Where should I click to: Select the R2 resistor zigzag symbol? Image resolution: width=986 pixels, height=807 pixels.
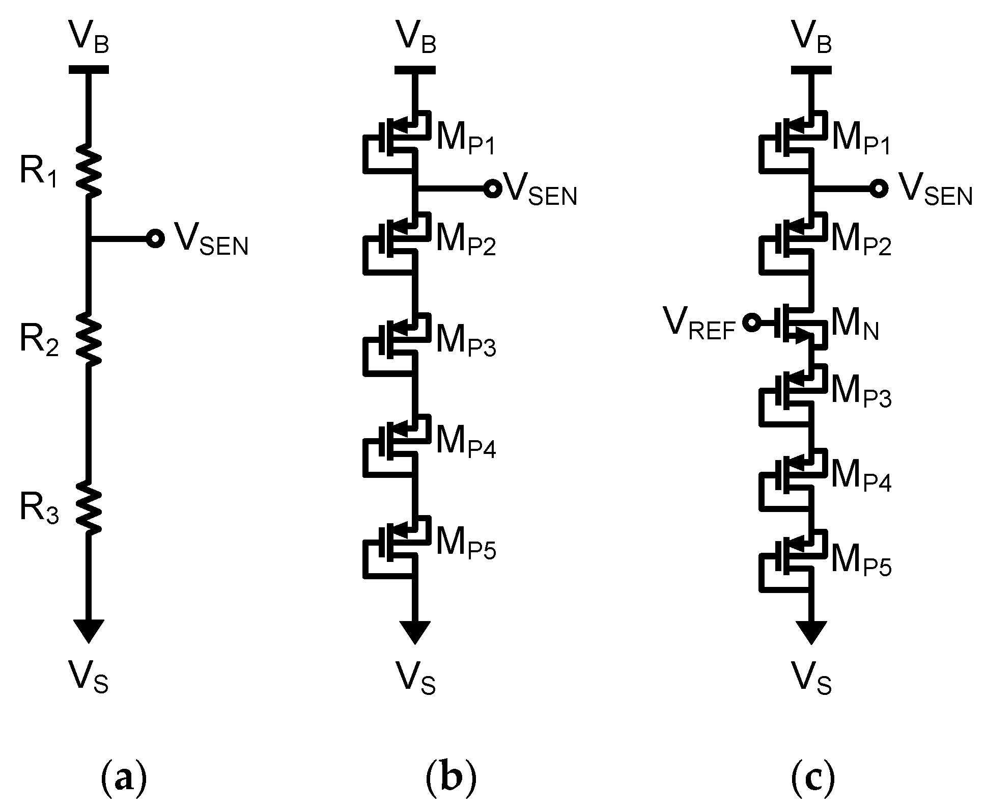[x=89, y=338]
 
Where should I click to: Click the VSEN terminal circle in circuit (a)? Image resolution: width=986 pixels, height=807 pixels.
[x=154, y=238]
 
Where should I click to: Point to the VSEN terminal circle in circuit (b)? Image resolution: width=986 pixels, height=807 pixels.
[x=492, y=189]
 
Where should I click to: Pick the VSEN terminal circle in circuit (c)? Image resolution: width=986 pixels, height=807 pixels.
[x=878, y=189]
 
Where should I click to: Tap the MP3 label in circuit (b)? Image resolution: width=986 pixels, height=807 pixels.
[x=465, y=343]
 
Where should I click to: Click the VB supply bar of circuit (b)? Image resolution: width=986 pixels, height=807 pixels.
[x=415, y=70]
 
